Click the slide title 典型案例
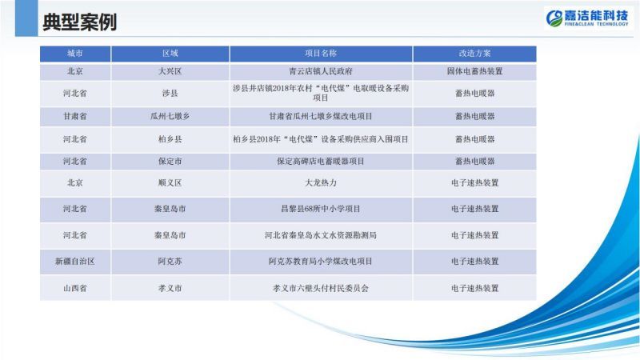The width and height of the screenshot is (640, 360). point(79,22)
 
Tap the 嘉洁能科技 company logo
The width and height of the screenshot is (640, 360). point(587,18)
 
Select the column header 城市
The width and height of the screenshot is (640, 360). point(75,54)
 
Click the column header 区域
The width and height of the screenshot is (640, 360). point(170,54)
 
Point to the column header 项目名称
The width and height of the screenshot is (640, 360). point(321,54)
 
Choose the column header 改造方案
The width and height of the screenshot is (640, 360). point(474,54)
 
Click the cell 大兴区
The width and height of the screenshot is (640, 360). point(170,71)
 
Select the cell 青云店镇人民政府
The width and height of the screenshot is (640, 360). point(321,71)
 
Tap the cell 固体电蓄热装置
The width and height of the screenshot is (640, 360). point(474,71)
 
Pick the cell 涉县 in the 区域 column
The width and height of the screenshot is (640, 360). point(170,94)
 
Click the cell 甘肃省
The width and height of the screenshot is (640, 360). point(75,116)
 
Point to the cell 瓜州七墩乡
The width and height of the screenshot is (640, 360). point(170,116)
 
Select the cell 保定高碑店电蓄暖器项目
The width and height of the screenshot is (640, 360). point(321,162)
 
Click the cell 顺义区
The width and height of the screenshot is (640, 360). point(170,183)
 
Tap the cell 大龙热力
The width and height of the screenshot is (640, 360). point(321,183)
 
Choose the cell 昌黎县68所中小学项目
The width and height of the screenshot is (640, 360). point(321,209)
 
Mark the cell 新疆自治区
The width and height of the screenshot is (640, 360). point(75,262)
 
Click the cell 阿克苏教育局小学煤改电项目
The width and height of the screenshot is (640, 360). point(321,262)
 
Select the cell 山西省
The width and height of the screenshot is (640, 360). point(75,288)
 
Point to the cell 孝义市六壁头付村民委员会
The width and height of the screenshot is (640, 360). point(321,288)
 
